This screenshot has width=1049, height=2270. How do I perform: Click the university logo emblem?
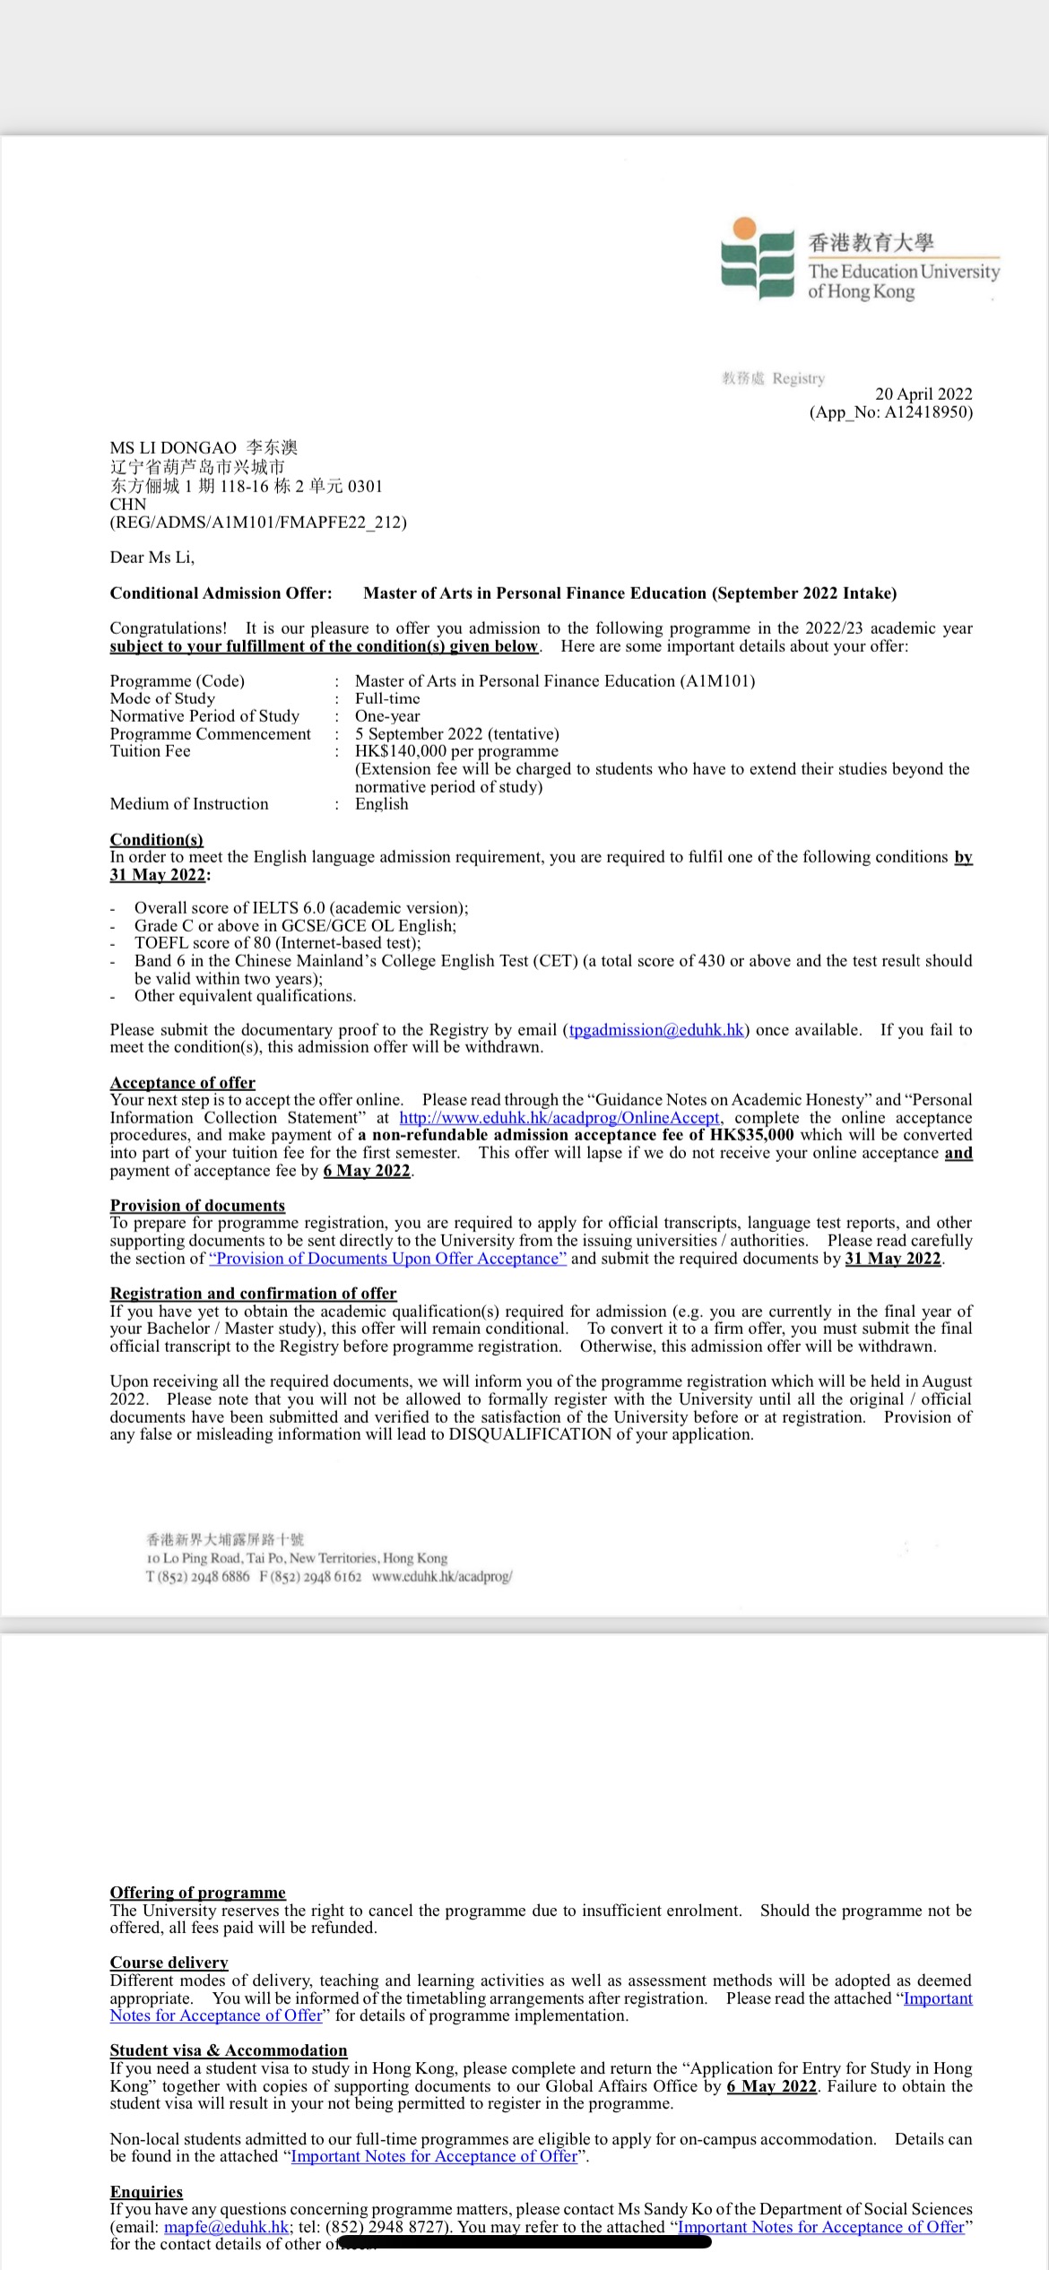coord(758,258)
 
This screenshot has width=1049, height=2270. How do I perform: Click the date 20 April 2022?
coord(923,394)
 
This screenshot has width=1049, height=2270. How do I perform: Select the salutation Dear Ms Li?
coord(152,558)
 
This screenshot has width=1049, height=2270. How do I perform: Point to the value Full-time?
coord(387,698)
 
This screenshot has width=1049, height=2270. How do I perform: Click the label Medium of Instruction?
coord(189,804)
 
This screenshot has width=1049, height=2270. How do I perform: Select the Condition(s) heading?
coord(156,839)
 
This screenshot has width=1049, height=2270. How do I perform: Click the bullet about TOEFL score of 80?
coord(277,943)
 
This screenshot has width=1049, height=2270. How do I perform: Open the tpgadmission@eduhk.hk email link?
coord(656,1030)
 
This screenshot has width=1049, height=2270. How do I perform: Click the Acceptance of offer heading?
coord(182,1083)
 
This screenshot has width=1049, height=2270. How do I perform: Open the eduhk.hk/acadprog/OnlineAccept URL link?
coord(559,1118)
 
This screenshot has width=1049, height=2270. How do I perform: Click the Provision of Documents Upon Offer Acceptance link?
coord(387,1259)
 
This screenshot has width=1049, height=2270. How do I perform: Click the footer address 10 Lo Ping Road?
coord(296,1558)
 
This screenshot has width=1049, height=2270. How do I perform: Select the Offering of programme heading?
coord(197,1893)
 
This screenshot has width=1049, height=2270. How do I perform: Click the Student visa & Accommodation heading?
coord(228,2050)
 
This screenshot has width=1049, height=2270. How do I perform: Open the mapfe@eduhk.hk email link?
coord(227,2227)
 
